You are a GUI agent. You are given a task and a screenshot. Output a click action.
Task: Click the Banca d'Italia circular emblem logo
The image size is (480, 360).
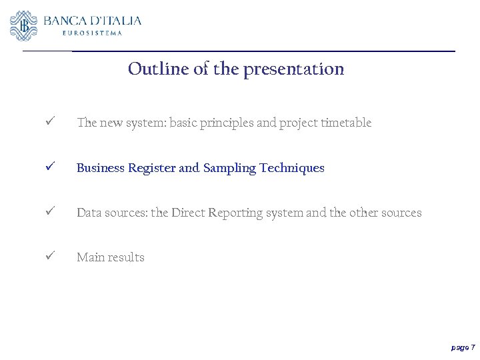click(x=24, y=25)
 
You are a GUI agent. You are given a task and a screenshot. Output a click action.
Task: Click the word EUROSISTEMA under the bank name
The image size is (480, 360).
click(x=92, y=33)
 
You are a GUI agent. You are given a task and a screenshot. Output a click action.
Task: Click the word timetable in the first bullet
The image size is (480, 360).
click(x=345, y=123)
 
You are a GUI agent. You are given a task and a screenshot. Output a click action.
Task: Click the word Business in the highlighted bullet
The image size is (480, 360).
click(x=101, y=168)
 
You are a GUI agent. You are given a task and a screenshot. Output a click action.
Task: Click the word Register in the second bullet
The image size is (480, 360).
click(x=152, y=168)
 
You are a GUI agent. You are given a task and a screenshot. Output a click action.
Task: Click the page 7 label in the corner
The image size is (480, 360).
click(x=463, y=347)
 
